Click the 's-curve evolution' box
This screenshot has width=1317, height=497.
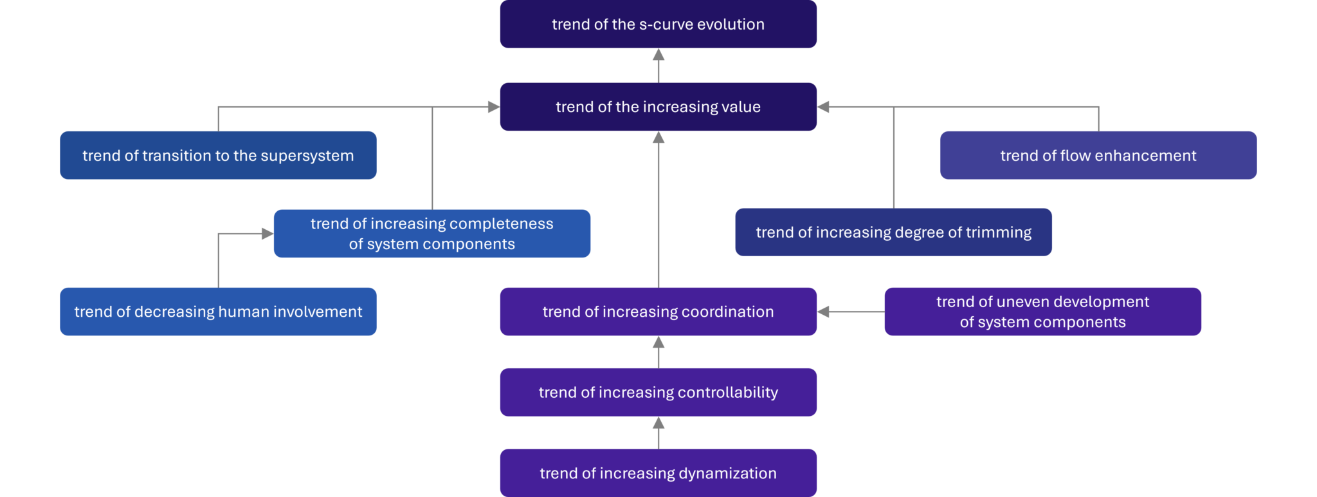658,24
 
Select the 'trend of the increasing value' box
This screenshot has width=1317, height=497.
658,107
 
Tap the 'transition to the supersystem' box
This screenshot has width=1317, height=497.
218,155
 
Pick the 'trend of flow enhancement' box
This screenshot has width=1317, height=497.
1098,155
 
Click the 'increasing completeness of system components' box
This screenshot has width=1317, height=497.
431,234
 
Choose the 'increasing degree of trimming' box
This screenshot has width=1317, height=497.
893,232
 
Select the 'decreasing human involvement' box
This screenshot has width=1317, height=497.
218,312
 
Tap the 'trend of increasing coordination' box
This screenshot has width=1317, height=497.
658,312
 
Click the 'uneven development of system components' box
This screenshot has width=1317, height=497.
1042,312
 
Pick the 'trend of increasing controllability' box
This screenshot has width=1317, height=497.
658,392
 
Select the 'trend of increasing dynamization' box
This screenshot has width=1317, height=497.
658,473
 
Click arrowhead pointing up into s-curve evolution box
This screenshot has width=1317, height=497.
658,55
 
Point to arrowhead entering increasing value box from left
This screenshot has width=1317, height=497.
493,107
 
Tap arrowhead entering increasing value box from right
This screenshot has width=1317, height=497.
824,107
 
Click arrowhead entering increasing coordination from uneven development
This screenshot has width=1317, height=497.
824,312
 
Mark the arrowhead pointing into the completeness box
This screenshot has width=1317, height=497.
267,234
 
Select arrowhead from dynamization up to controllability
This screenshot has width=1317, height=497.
658,423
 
